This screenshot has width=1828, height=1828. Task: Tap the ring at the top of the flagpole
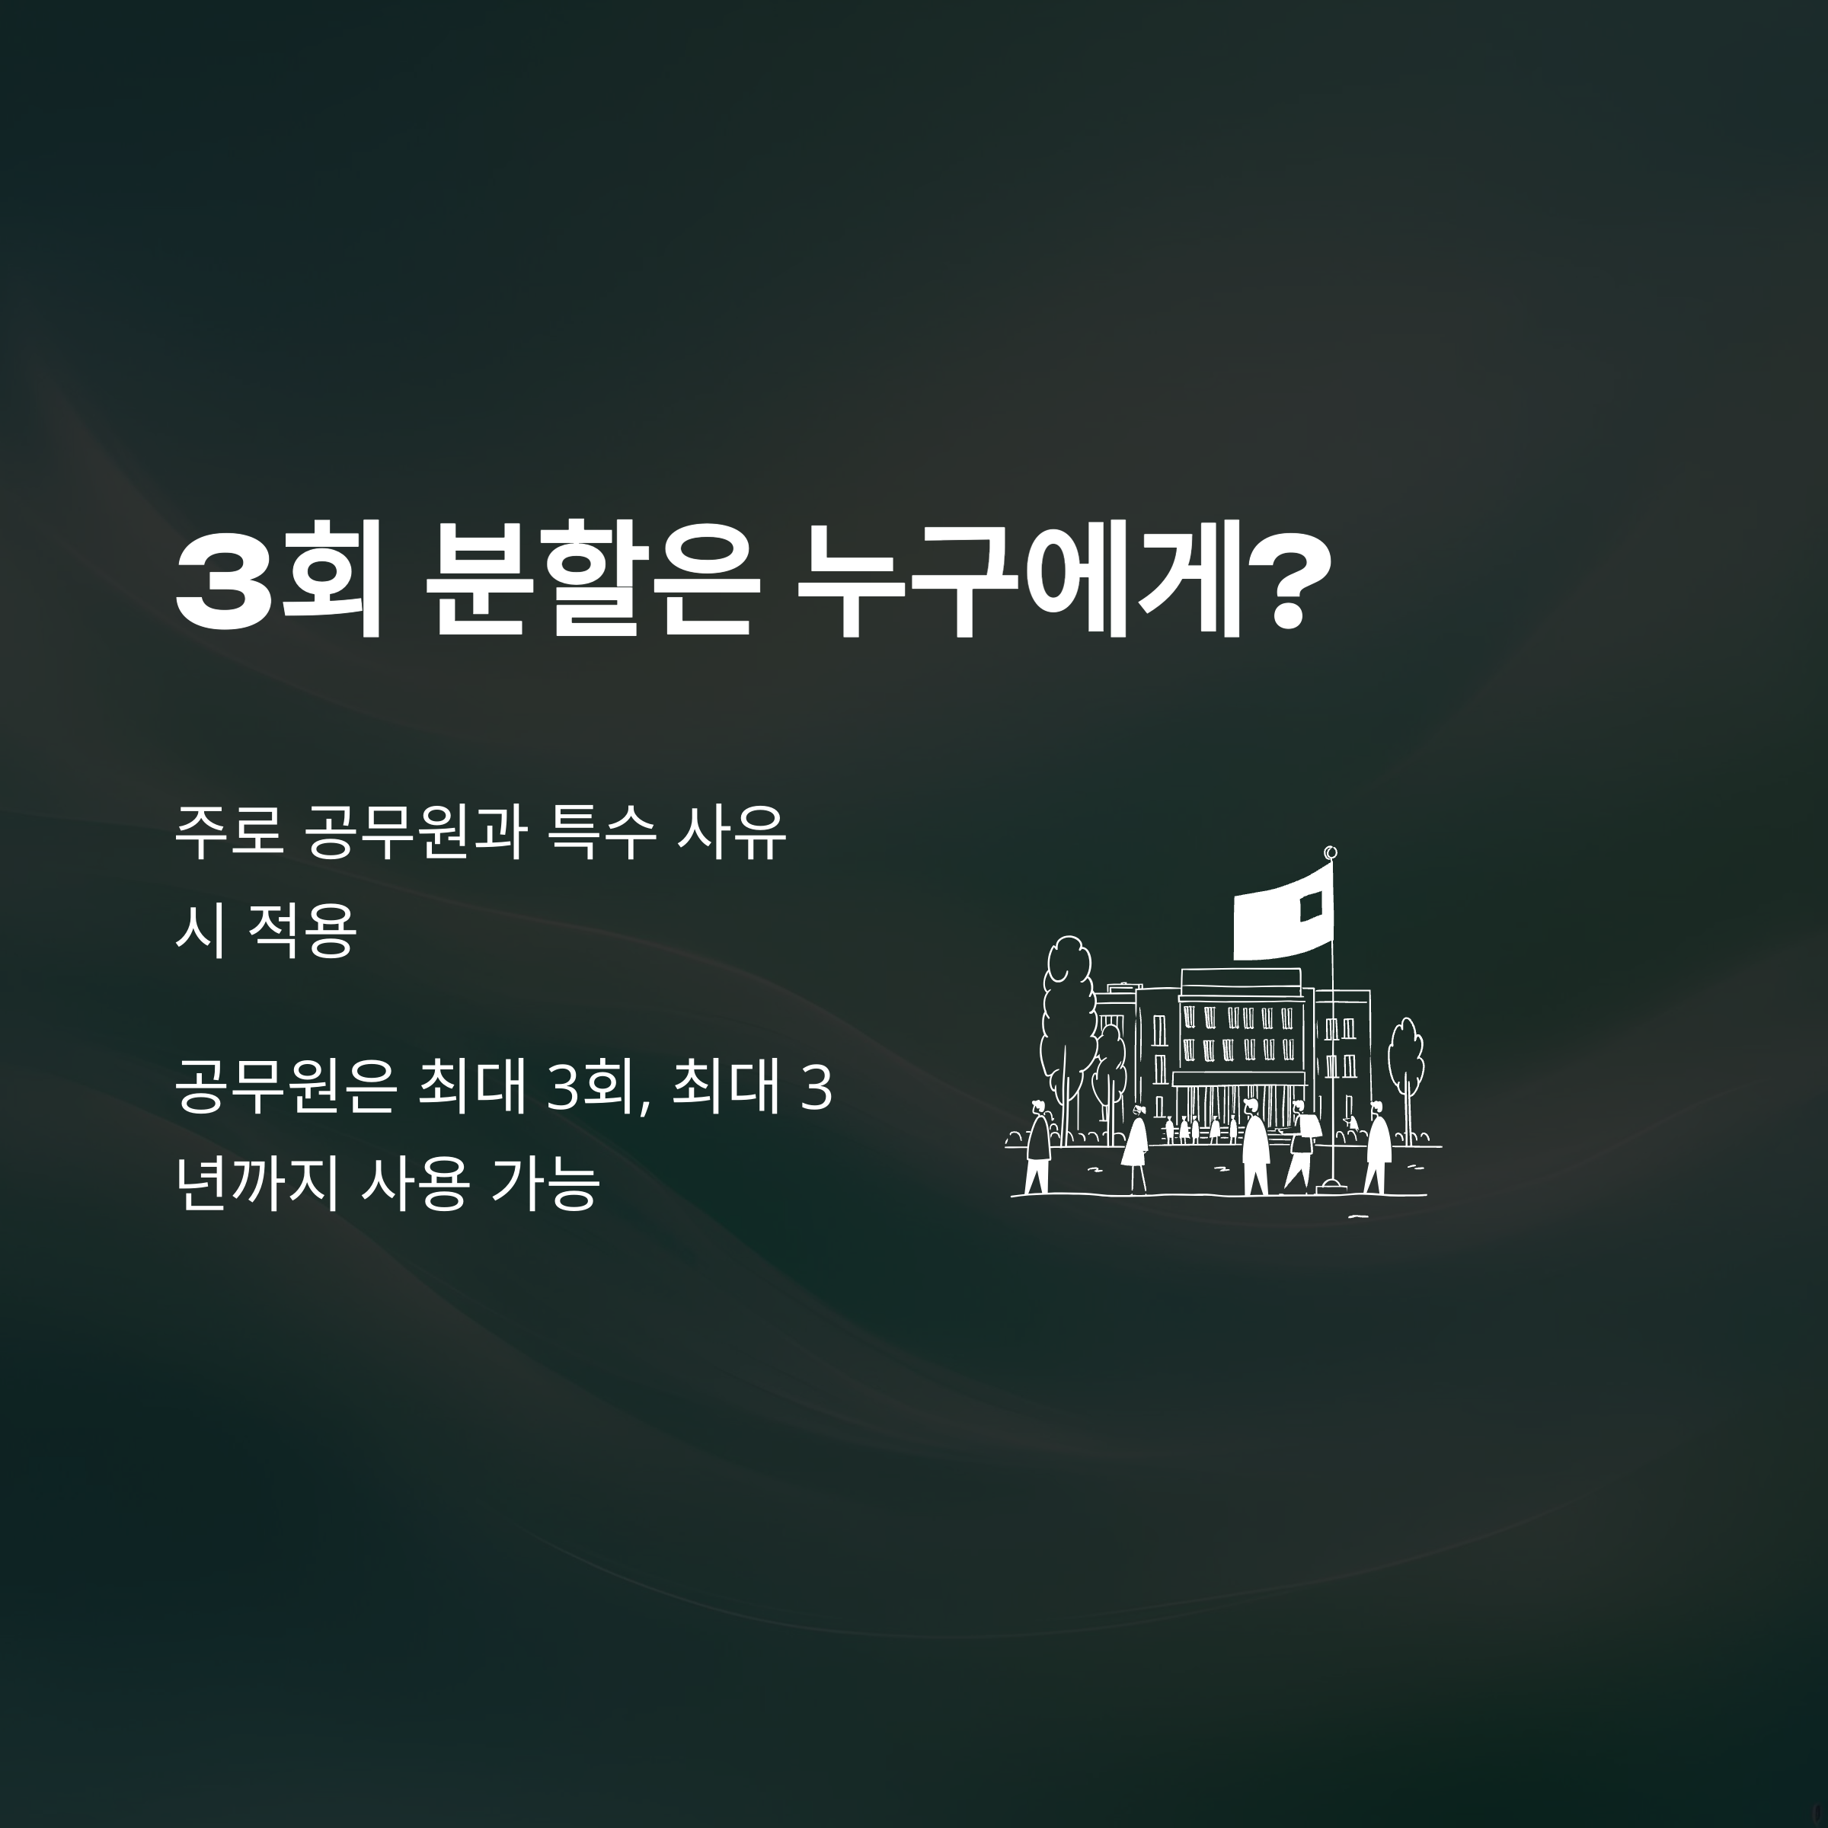[x=1331, y=852]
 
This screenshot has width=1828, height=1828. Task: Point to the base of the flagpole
[x=1332, y=1183]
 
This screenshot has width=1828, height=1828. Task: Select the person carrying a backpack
[x=1302, y=1146]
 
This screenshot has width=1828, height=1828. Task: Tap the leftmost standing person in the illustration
[x=1038, y=1145]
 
